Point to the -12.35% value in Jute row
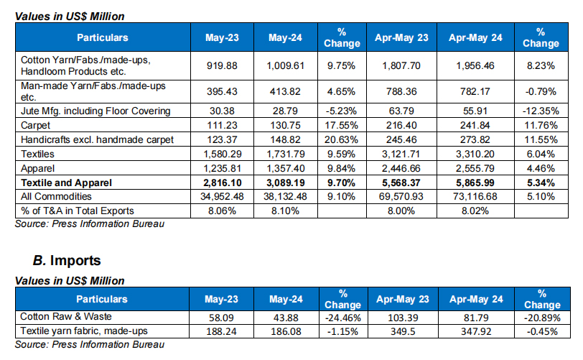click(540, 111)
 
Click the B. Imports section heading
click(67, 260)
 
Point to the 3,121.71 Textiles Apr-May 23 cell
click(402, 153)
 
